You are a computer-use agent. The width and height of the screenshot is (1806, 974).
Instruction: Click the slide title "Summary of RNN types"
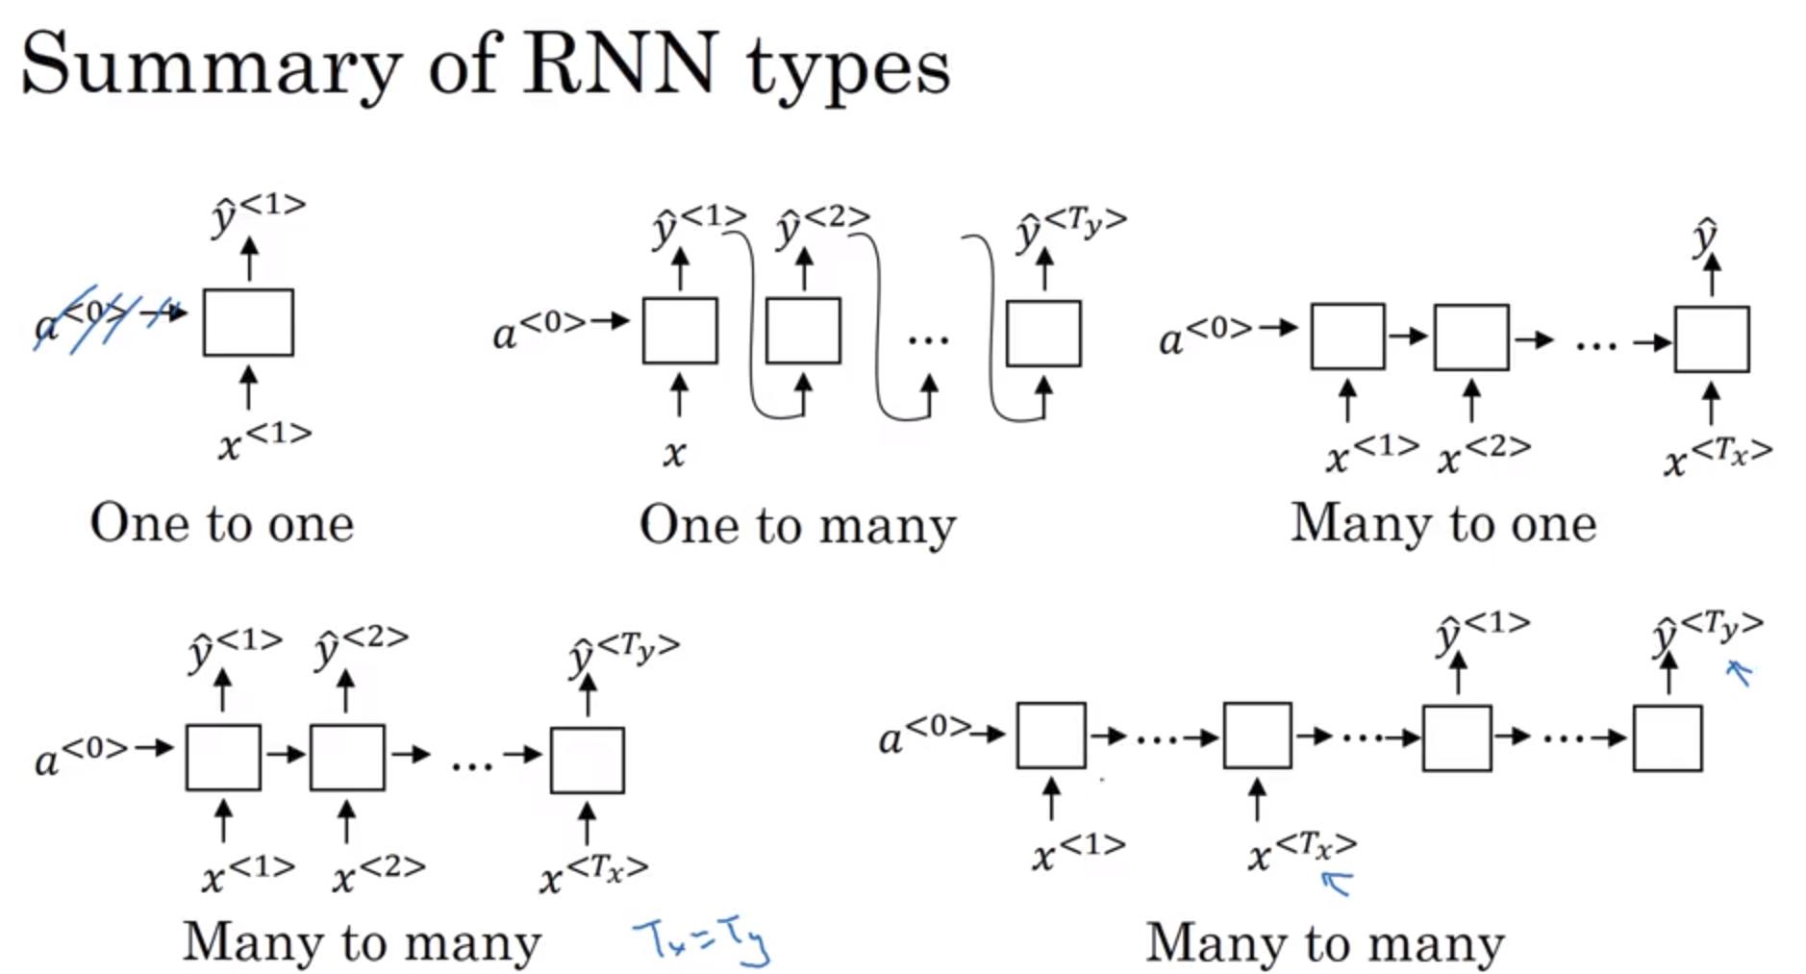point(485,65)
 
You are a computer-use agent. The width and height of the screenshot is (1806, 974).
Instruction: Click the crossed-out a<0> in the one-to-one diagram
point(82,318)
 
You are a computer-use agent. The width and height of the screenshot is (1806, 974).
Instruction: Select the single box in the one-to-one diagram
point(248,323)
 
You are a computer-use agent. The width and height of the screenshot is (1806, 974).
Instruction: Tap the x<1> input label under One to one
point(263,440)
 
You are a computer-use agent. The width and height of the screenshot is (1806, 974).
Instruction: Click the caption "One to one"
point(222,524)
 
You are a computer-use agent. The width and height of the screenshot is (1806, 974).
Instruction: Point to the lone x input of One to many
point(674,453)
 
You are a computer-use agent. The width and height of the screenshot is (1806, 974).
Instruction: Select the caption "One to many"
point(797,526)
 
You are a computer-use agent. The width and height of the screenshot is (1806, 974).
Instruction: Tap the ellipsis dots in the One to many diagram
point(928,339)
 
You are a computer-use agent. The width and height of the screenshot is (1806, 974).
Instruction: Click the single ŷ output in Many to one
point(1706,237)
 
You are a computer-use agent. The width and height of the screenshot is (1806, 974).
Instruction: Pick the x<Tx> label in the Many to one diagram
point(1718,456)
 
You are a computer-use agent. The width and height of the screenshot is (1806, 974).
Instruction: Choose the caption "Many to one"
point(1442,524)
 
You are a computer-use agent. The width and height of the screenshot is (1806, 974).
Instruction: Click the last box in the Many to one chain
point(1711,339)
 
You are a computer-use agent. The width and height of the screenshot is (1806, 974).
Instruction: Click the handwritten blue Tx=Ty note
point(701,940)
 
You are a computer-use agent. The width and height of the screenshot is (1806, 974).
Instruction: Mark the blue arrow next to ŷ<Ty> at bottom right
point(1739,671)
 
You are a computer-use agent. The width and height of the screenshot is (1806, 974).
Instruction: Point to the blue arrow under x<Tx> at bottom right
point(1338,881)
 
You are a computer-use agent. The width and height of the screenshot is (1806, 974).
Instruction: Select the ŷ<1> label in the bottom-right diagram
point(1482,632)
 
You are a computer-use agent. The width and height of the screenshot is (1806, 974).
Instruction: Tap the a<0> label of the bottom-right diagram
point(924,735)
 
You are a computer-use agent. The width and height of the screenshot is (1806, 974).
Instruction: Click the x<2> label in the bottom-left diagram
point(378,873)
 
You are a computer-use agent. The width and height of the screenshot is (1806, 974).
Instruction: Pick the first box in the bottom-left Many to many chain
point(223,758)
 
